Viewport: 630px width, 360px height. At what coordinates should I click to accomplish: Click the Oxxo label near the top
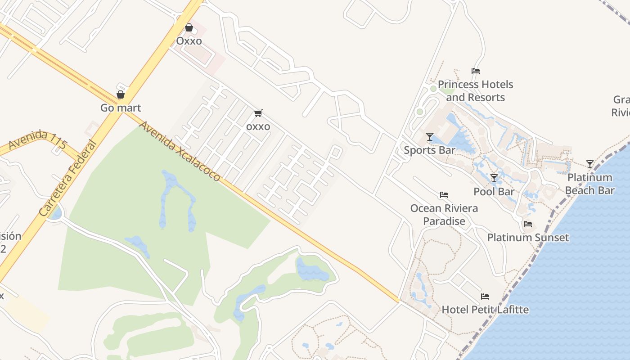pyautogui.click(x=189, y=41)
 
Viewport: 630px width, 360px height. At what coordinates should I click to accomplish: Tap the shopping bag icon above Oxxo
pyautogui.click(x=189, y=28)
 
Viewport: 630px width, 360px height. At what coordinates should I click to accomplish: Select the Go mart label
pyautogui.click(x=121, y=108)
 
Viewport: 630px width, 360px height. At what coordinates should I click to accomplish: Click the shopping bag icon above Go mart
pyautogui.click(x=121, y=94)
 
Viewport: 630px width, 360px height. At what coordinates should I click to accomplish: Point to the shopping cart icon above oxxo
pyautogui.click(x=258, y=113)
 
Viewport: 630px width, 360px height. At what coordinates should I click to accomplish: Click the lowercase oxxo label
pyautogui.click(x=258, y=126)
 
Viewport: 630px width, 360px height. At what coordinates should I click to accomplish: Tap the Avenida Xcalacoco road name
pyautogui.click(x=180, y=151)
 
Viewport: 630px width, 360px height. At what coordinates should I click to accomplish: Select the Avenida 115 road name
pyautogui.click(x=38, y=140)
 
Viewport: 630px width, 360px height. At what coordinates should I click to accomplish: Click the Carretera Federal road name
pyautogui.click(x=68, y=178)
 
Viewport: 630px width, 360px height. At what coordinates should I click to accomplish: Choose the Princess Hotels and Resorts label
pyautogui.click(x=475, y=91)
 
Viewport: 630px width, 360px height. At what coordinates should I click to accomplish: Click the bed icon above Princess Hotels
pyautogui.click(x=476, y=71)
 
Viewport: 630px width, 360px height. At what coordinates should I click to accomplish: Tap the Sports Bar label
pyautogui.click(x=429, y=150)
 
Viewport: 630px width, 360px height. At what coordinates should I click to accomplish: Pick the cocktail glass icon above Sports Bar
pyautogui.click(x=430, y=137)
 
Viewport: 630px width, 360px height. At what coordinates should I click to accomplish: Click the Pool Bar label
pyautogui.click(x=494, y=192)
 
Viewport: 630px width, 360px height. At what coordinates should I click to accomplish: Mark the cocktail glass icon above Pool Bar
pyautogui.click(x=494, y=178)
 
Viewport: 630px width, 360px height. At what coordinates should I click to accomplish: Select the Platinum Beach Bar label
pyautogui.click(x=589, y=184)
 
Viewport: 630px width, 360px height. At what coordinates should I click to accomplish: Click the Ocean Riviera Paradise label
pyautogui.click(x=444, y=215)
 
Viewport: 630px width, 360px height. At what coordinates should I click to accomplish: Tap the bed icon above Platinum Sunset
pyautogui.click(x=528, y=224)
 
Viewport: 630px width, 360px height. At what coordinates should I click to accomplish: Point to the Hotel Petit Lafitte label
pyautogui.click(x=485, y=310)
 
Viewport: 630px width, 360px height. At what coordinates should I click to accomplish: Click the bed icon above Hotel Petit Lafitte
pyautogui.click(x=485, y=297)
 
